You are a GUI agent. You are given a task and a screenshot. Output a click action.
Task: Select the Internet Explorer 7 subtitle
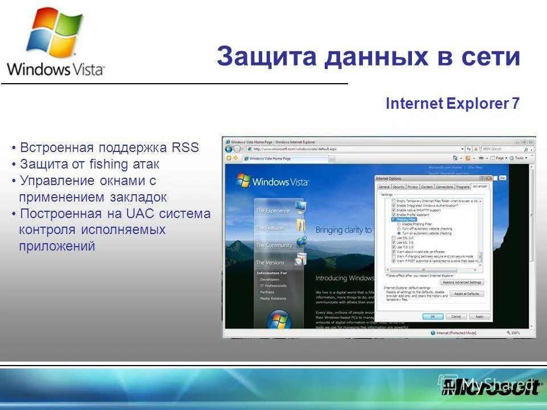[x=452, y=104]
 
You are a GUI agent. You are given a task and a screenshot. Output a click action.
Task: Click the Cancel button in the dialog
[x=456, y=316]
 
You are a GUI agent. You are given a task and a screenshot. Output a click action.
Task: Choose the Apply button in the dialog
[x=479, y=316]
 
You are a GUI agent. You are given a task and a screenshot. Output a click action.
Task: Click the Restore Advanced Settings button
[x=463, y=282]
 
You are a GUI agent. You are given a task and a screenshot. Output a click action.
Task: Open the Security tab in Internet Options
[x=398, y=187]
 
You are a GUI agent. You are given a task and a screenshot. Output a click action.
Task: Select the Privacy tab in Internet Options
[x=413, y=187]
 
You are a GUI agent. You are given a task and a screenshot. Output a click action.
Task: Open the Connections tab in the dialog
[x=444, y=187]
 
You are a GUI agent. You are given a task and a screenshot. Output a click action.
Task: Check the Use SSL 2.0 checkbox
[x=394, y=238]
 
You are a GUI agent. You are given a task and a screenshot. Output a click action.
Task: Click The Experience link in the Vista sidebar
[x=273, y=211]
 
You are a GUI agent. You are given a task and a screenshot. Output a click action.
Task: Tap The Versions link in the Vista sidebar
[x=270, y=263]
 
